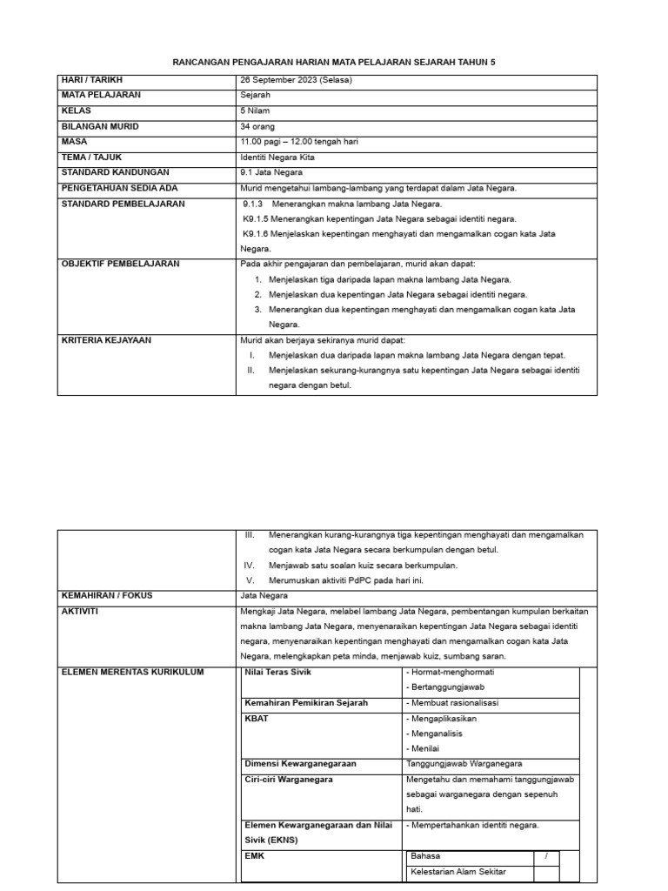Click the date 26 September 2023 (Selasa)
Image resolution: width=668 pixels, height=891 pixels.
296,79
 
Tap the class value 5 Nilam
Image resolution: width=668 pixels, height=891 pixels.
256,111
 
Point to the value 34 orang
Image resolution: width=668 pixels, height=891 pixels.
258,126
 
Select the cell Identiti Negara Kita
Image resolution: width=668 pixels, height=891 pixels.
277,157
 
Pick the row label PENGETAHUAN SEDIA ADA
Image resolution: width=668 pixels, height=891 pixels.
119,188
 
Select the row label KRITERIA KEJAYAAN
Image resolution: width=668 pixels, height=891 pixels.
105,340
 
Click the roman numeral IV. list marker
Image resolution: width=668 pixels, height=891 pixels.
249,565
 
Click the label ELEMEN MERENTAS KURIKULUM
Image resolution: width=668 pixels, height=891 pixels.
133,672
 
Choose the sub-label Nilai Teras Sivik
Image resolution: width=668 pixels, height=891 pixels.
277,673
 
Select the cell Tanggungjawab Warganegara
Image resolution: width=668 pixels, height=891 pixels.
464,764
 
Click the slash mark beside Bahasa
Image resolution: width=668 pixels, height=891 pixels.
546,856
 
